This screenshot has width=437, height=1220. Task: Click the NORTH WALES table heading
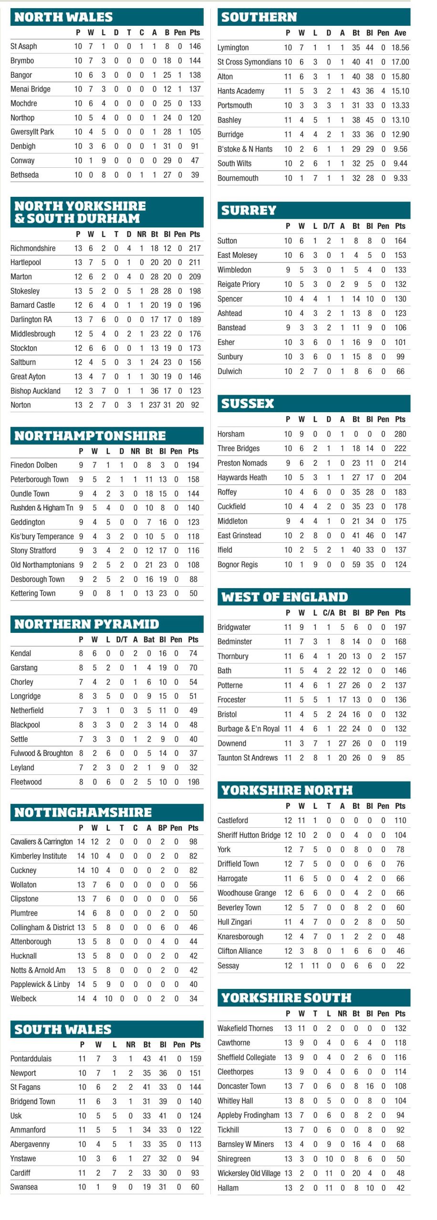coord(63,17)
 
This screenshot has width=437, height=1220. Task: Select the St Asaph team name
coord(24,46)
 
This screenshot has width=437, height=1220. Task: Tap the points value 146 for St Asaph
coord(195,46)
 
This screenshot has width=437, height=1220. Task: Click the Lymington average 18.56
coord(400,48)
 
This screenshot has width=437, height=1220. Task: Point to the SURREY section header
coord(249,210)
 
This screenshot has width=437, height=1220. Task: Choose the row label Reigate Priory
coord(239,284)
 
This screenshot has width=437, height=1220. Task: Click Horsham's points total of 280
coord(400,434)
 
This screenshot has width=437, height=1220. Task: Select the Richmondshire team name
coord(33,248)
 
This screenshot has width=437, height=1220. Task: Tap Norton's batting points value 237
coord(155,405)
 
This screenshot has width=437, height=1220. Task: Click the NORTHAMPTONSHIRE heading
coord(90,436)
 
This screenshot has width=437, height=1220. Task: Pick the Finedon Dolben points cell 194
coord(193,465)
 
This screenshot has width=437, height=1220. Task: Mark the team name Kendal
coord(21,653)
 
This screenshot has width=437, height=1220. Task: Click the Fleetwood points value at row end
coord(193,782)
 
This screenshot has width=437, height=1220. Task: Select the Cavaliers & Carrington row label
coord(42,842)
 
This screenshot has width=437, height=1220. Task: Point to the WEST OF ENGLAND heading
coord(284,597)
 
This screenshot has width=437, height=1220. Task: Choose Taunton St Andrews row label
coord(248,757)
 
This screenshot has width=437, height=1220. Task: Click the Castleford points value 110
coord(400,820)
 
